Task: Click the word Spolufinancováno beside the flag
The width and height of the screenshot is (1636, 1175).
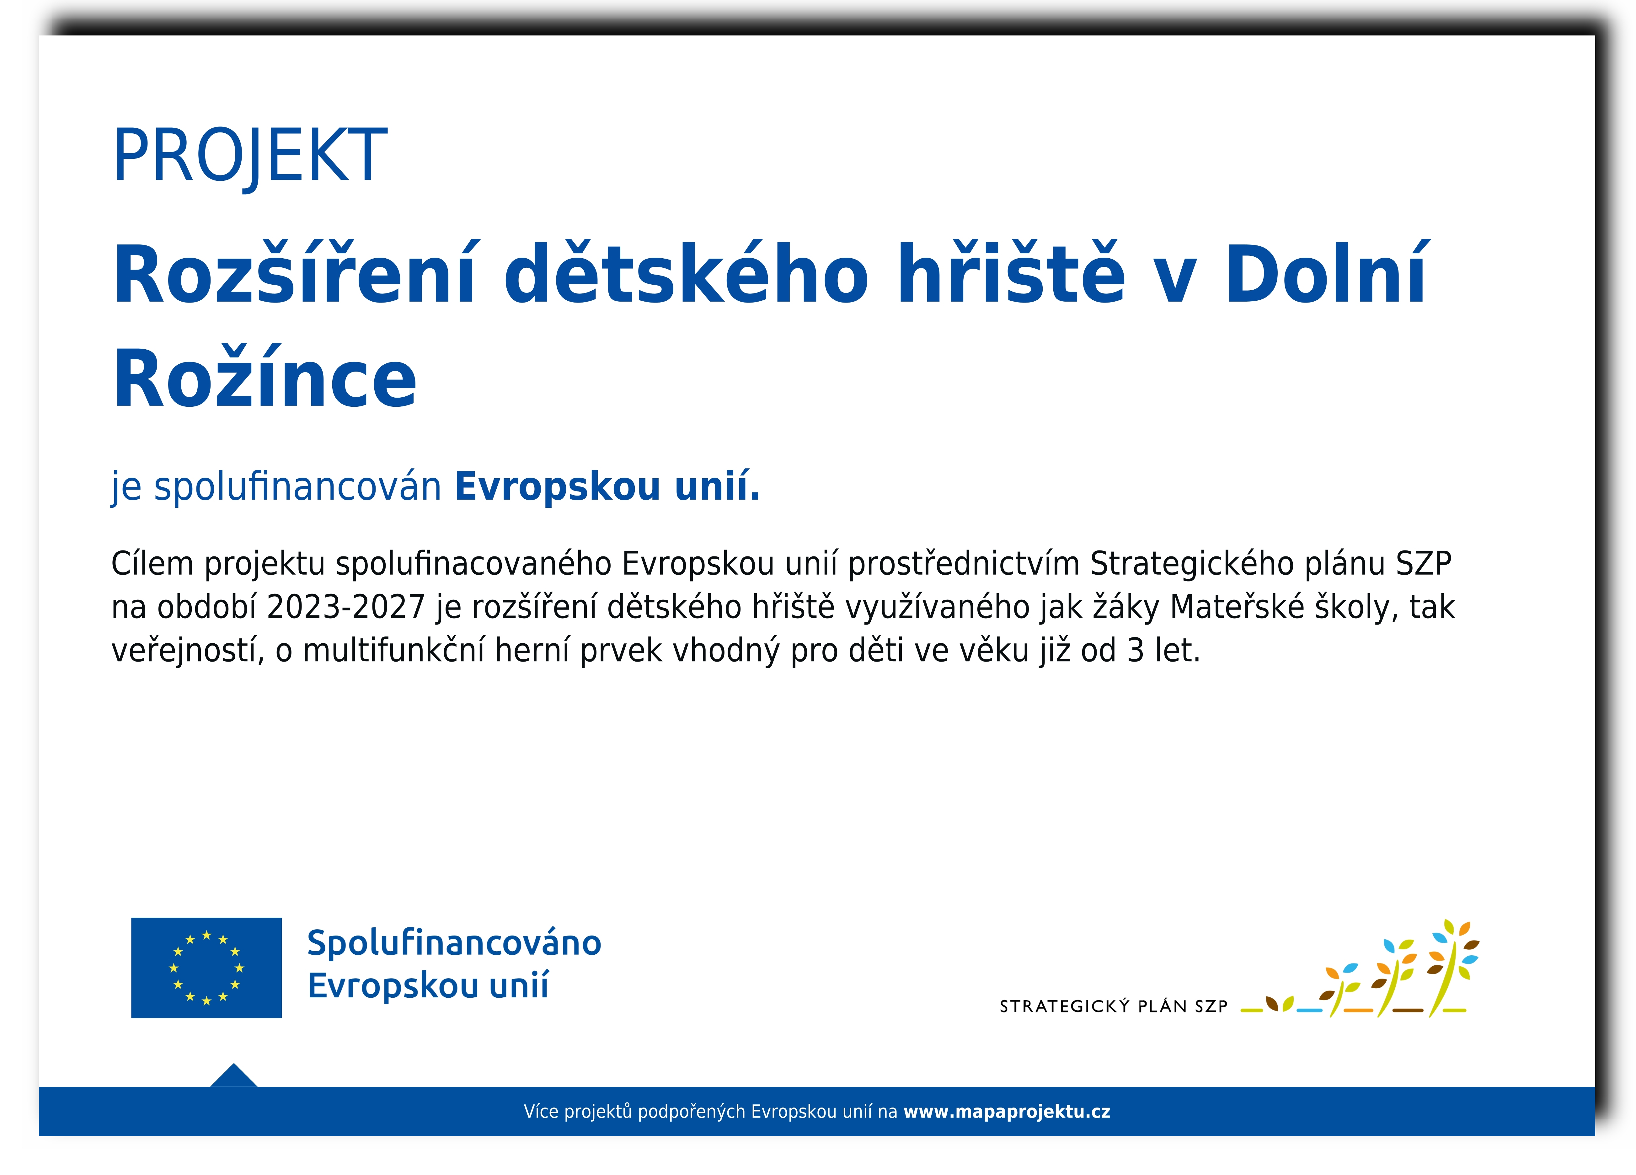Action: point(454,943)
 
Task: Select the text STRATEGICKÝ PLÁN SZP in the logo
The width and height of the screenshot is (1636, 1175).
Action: point(1114,1006)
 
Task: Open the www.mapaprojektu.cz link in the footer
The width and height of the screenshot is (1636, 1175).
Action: point(1007,1112)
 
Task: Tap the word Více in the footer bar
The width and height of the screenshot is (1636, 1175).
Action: point(541,1112)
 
